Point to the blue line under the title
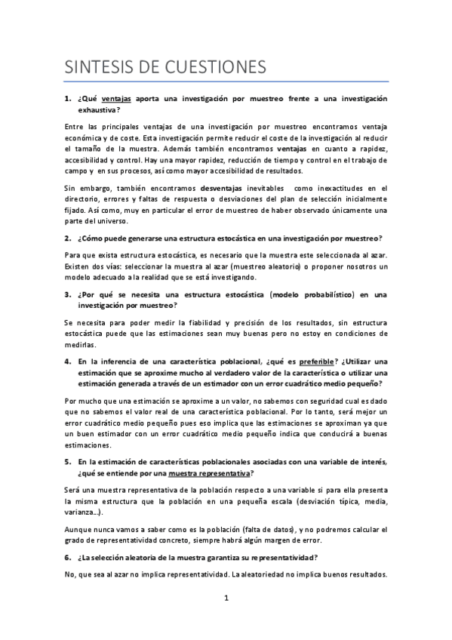[226, 82]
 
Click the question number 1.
[67, 100]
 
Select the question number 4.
[67, 362]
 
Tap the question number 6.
[67, 557]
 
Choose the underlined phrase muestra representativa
[210, 473]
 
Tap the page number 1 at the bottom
[226, 599]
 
